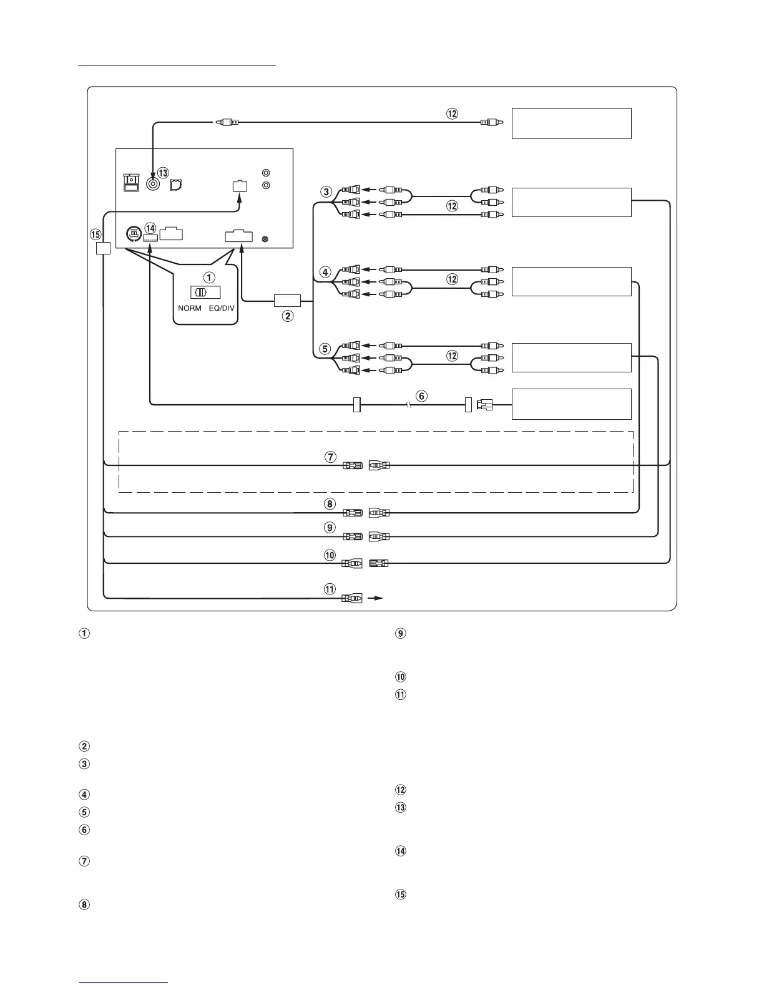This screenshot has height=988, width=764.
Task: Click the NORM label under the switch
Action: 190,309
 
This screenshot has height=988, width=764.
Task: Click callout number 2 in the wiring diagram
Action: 288,316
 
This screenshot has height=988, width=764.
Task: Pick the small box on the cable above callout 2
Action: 287,301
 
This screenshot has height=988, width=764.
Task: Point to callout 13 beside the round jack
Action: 163,172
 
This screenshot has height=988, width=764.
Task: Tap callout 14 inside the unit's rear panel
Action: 150,228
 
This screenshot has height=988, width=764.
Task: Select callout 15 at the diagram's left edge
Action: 95,235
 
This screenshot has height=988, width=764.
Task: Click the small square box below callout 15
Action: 104,248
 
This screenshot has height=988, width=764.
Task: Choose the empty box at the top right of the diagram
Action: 571,123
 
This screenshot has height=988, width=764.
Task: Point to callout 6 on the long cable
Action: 422,395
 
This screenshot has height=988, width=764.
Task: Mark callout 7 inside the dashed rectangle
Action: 330,457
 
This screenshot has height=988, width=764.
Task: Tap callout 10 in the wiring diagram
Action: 330,555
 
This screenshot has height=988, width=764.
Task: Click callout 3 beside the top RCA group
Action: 326,191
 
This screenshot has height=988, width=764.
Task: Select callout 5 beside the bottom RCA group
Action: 325,349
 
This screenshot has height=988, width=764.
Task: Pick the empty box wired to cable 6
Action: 571,404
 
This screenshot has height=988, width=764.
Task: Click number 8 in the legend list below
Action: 85,904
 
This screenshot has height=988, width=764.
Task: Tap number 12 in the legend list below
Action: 401,790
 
